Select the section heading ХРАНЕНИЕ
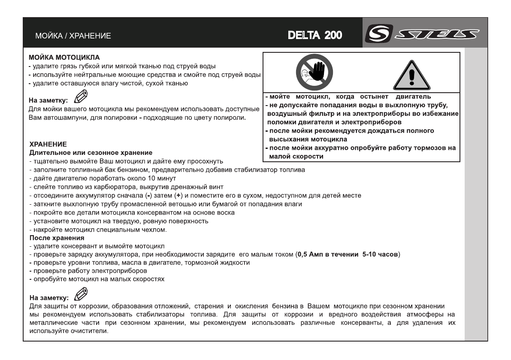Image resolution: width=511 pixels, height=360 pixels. pos(46,146)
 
